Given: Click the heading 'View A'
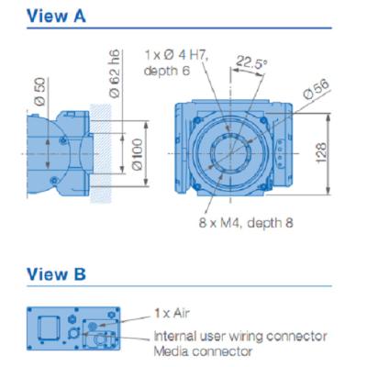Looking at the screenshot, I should point(57,16).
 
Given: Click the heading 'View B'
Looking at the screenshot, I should point(57,273).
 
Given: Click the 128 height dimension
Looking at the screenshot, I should point(346,151).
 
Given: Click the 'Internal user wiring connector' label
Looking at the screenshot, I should point(239,336).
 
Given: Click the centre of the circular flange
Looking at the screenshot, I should point(234,147).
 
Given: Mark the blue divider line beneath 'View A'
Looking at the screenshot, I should point(183,29).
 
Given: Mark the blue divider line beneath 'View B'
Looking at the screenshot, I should point(183,287).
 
